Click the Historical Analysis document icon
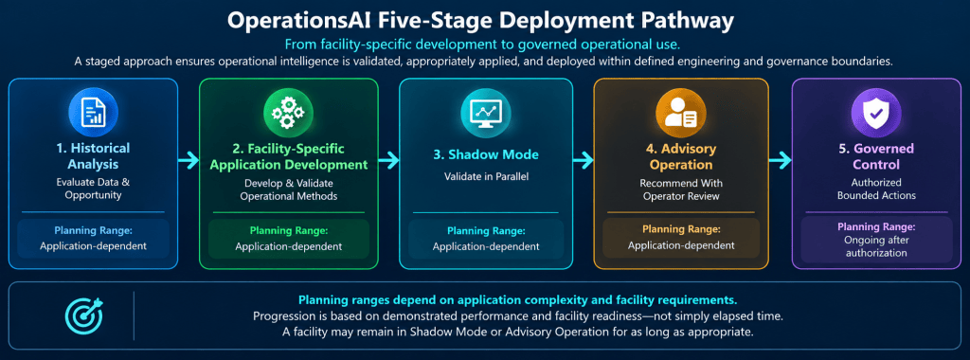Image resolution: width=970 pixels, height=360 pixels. [x=94, y=113]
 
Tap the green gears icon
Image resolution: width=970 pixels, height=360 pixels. [x=288, y=113]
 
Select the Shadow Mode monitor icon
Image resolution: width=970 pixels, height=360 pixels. [x=485, y=113]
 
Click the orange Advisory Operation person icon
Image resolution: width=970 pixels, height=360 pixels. [x=680, y=113]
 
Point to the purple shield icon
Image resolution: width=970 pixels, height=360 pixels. [x=876, y=113]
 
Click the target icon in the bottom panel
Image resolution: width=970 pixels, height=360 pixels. [x=84, y=315]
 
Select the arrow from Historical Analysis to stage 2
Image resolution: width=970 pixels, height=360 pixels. [x=189, y=161]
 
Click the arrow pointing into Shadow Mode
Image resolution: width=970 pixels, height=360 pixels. [x=388, y=161]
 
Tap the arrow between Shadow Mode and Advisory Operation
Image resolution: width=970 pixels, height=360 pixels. [x=584, y=161]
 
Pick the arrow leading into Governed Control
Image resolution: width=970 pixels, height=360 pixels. [x=781, y=161]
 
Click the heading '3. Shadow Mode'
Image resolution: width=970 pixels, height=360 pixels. [x=485, y=154]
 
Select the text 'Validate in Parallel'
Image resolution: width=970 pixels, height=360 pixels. [x=485, y=176]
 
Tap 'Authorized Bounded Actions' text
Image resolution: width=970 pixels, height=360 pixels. [x=876, y=189]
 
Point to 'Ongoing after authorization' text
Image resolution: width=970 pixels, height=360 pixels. [x=876, y=246]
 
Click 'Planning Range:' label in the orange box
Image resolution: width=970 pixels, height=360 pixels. [x=681, y=229]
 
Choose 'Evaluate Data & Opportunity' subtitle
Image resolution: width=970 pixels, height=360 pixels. [x=94, y=189]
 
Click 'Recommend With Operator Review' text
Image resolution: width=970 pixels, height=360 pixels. [x=681, y=189]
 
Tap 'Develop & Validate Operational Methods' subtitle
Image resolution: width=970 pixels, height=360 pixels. [x=288, y=190]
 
